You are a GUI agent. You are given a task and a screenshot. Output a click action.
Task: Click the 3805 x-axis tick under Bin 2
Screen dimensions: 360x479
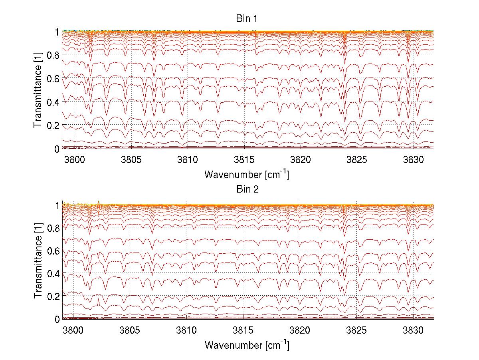click(x=131, y=330)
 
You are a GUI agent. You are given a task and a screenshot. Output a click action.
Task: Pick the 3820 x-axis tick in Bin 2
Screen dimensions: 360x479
click(x=300, y=330)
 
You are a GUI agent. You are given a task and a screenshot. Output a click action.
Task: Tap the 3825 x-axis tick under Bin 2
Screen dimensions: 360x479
click(x=357, y=330)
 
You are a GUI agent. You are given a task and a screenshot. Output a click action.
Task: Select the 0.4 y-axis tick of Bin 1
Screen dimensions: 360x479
click(x=53, y=102)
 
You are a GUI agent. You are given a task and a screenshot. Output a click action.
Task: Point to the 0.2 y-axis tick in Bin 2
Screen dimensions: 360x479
click(x=53, y=296)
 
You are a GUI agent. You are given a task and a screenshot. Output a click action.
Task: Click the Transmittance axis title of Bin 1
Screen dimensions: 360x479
click(x=38, y=90)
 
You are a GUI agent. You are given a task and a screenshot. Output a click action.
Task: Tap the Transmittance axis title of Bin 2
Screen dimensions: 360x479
click(x=38, y=262)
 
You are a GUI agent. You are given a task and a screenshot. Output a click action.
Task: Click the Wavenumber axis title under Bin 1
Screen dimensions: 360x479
click(x=247, y=174)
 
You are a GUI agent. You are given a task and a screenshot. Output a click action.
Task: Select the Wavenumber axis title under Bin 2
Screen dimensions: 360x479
click(x=247, y=344)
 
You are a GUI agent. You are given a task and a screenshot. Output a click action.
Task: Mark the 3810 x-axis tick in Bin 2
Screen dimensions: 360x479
click(x=187, y=330)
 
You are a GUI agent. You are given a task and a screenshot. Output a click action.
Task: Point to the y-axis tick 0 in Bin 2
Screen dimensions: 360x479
click(x=57, y=319)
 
